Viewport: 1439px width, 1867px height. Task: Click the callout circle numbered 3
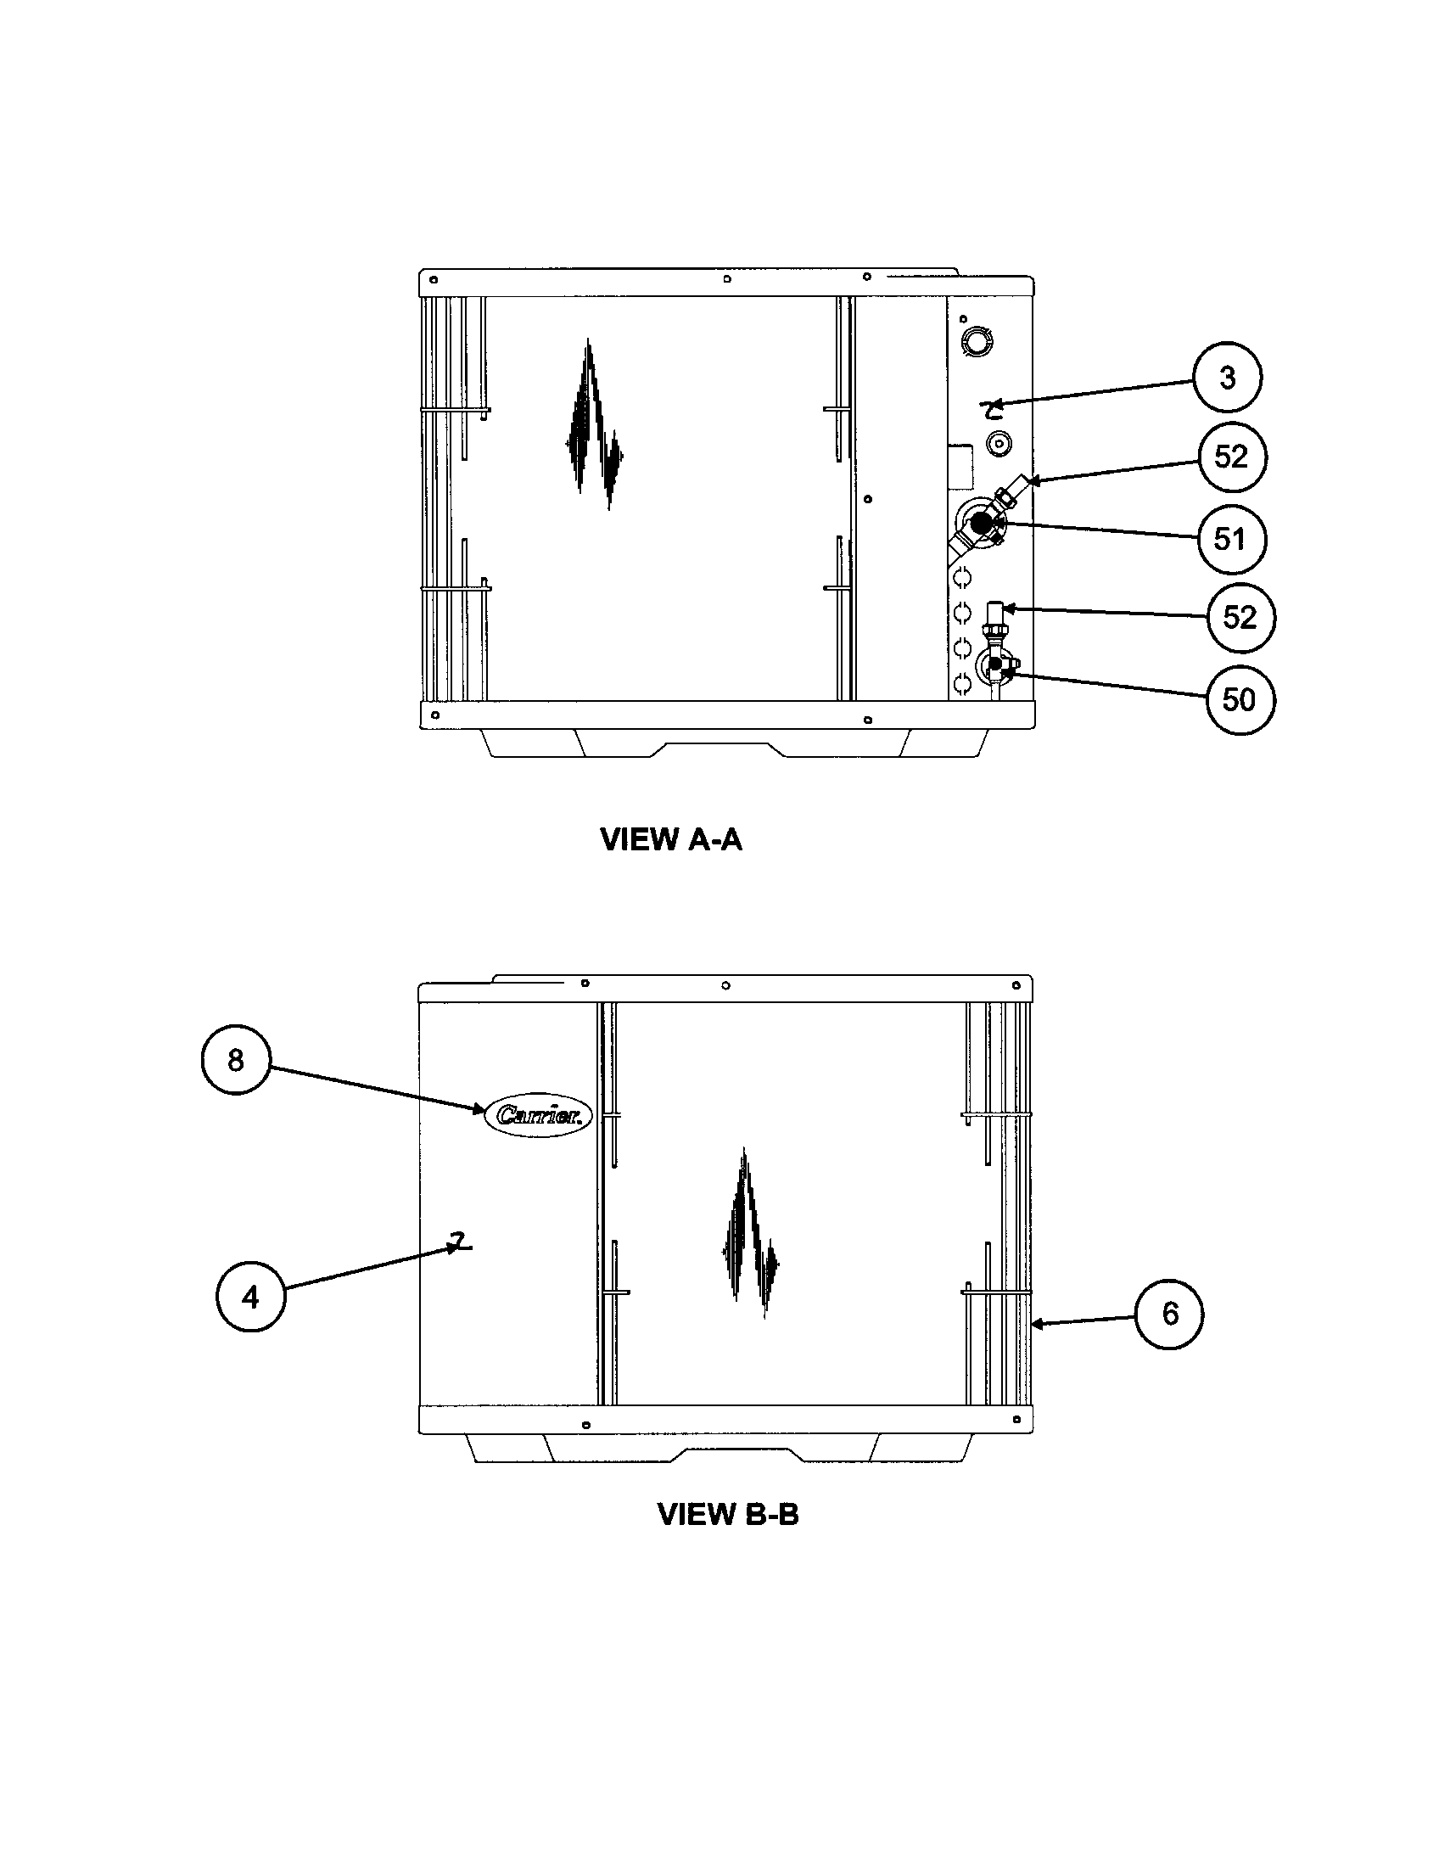point(1227,377)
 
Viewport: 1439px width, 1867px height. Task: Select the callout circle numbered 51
point(1230,539)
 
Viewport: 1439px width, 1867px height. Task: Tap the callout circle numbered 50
point(1239,699)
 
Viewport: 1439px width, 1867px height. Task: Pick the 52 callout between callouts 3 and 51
point(1230,457)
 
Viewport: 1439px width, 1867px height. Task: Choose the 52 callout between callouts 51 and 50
point(1240,617)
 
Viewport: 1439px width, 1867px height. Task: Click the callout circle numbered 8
point(235,1061)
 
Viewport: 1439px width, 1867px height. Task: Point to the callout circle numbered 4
point(249,1298)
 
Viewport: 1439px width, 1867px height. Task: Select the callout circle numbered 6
point(1169,1314)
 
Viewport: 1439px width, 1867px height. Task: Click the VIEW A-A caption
point(672,839)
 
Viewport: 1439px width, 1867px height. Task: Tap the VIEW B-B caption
point(728,1514)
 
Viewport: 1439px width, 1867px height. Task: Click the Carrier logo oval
point(538,1115)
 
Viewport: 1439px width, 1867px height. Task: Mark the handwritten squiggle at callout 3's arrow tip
point(993,412)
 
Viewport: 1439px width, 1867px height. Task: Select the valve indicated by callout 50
point(994,664)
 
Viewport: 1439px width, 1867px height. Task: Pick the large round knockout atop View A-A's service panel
point(976,339)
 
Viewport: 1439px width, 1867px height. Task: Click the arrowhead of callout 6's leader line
point(1037,1324)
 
